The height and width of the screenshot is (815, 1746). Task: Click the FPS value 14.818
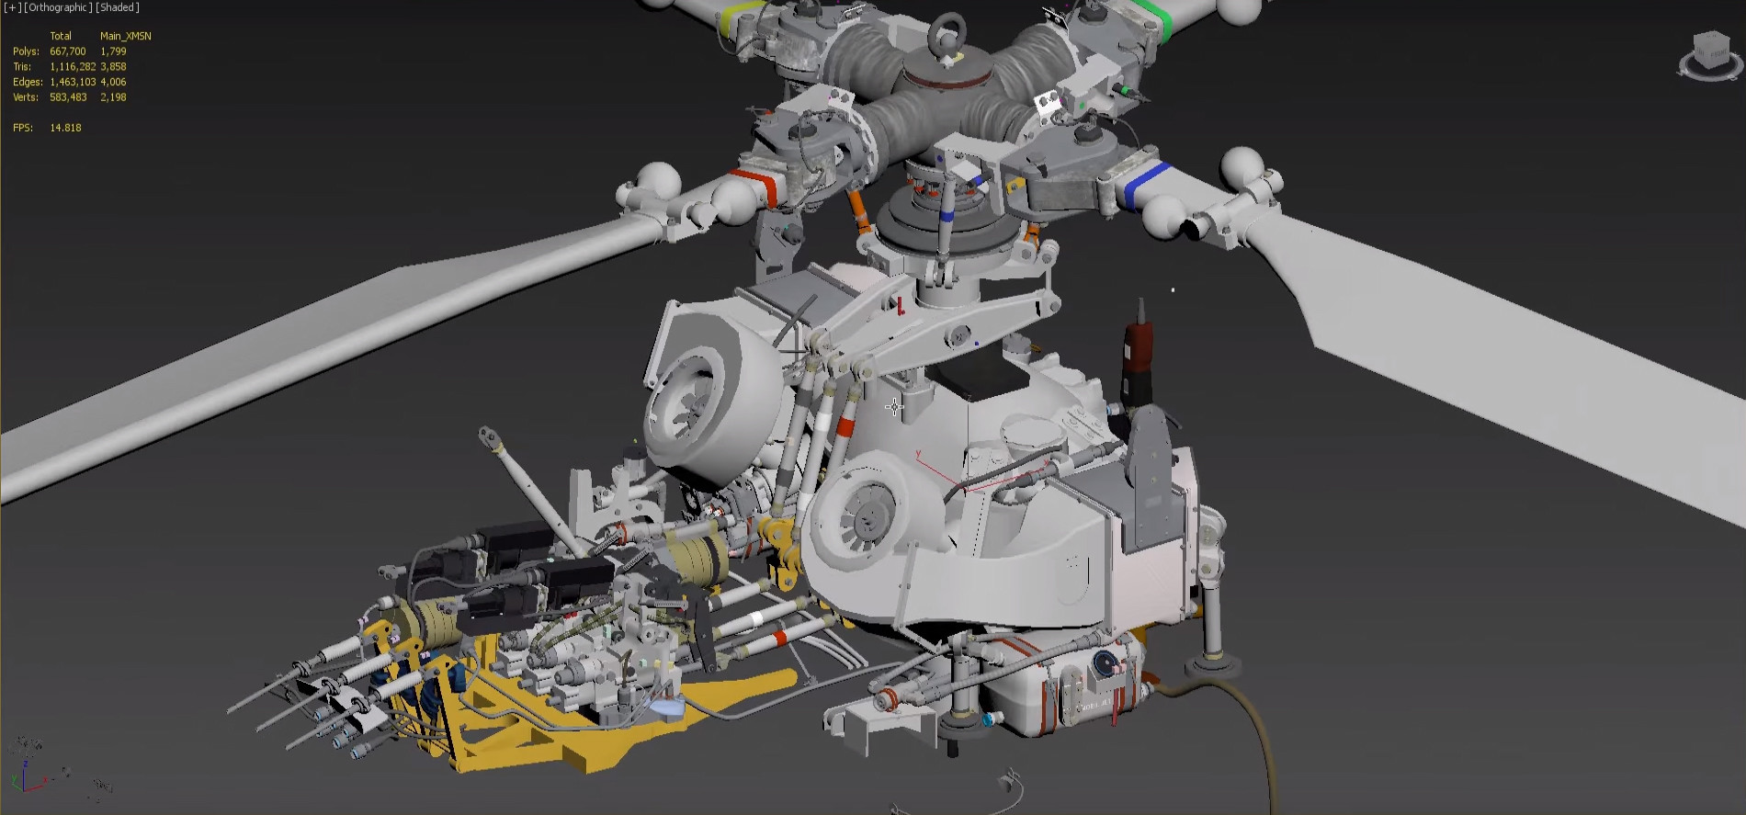click(x=65, y=128)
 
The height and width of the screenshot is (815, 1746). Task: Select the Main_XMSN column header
click(x=125, y=36)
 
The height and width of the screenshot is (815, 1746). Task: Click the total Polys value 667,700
click(x=67, y=51)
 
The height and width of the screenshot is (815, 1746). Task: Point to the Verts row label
click(x=25, y=97)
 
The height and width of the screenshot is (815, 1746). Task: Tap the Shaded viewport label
click(x=118, y=7)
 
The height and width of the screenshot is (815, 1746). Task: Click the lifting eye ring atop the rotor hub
click(x=945, y=37)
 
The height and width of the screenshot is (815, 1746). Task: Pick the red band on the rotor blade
click(x=756, y=187)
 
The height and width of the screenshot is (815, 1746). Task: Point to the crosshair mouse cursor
click(x=894, y=406)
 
